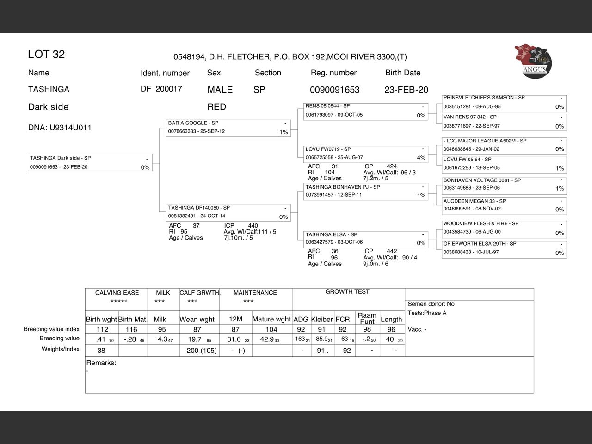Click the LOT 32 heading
click(46, 54)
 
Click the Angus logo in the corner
click(533, 61)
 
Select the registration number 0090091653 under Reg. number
click(334, 90)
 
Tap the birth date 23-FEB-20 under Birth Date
click(406, 90)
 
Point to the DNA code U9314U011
click(60, 128)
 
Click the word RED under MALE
click(216, 107)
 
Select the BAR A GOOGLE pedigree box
click(228, 128)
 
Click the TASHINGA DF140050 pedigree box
click(228, 212)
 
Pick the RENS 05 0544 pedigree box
click(366, 111)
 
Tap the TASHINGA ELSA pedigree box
click(366, 239)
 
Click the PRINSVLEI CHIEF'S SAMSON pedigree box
click(504, 102)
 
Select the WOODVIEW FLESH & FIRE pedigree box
click(504, 228)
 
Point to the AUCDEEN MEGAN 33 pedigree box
click(504, 205)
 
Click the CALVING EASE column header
click(117, 293)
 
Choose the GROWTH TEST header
click(347, 292)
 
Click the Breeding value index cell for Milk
click(162, 329)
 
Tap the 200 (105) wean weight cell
click(202, 351)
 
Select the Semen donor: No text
click(431, 304)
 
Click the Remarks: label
click(101, 363)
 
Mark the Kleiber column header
click(322, 319)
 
